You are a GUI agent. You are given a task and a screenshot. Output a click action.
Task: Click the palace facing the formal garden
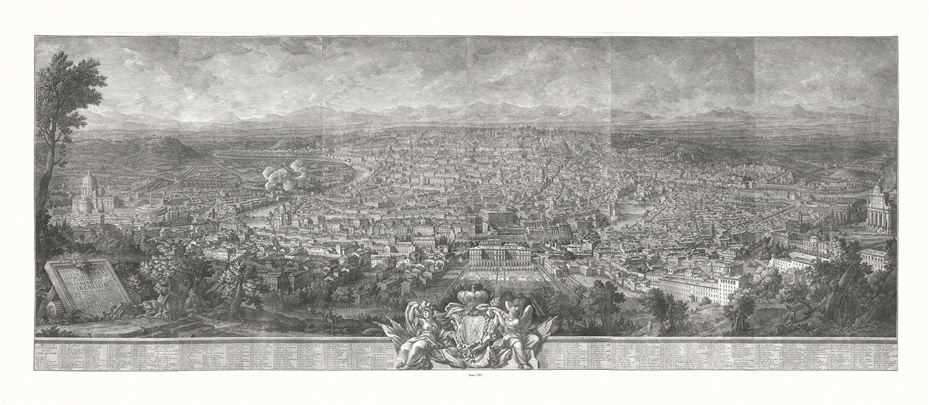point(499,255)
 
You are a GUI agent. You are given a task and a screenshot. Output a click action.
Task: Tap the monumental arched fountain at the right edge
point(881,208)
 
